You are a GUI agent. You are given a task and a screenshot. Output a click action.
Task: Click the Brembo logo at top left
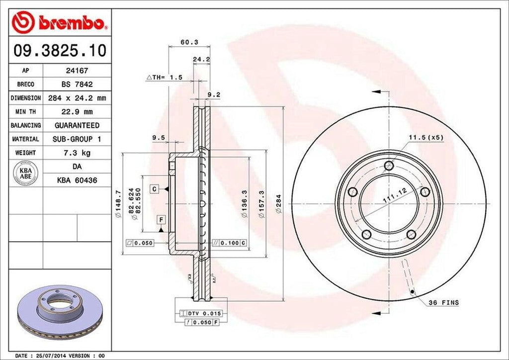(58, 23)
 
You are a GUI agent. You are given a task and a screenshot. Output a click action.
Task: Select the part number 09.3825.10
(58, 50)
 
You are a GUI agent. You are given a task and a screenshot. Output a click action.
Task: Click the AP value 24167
(77, 71)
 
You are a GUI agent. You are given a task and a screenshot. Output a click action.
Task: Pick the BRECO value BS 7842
(77, 85)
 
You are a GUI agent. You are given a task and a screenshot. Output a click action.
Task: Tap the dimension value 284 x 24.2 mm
(77, 98)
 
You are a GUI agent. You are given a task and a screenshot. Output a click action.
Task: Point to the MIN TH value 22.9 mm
(77, 111)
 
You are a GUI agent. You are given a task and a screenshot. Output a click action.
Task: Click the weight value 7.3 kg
(77, 152)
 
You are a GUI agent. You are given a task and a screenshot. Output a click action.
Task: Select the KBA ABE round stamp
(23, 173)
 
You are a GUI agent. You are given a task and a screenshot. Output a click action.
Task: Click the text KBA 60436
(77, 180)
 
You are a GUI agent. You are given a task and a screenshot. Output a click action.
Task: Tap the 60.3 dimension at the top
(186, 42)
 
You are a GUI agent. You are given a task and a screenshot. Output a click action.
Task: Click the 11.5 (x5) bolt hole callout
(425, 137)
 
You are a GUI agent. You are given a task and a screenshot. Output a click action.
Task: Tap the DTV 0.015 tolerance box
(204, 313)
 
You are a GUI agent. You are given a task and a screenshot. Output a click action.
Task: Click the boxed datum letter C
(155, 189)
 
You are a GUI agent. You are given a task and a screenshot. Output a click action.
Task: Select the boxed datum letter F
(161, 219)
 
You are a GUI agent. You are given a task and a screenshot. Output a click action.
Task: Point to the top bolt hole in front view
(389, 166)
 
